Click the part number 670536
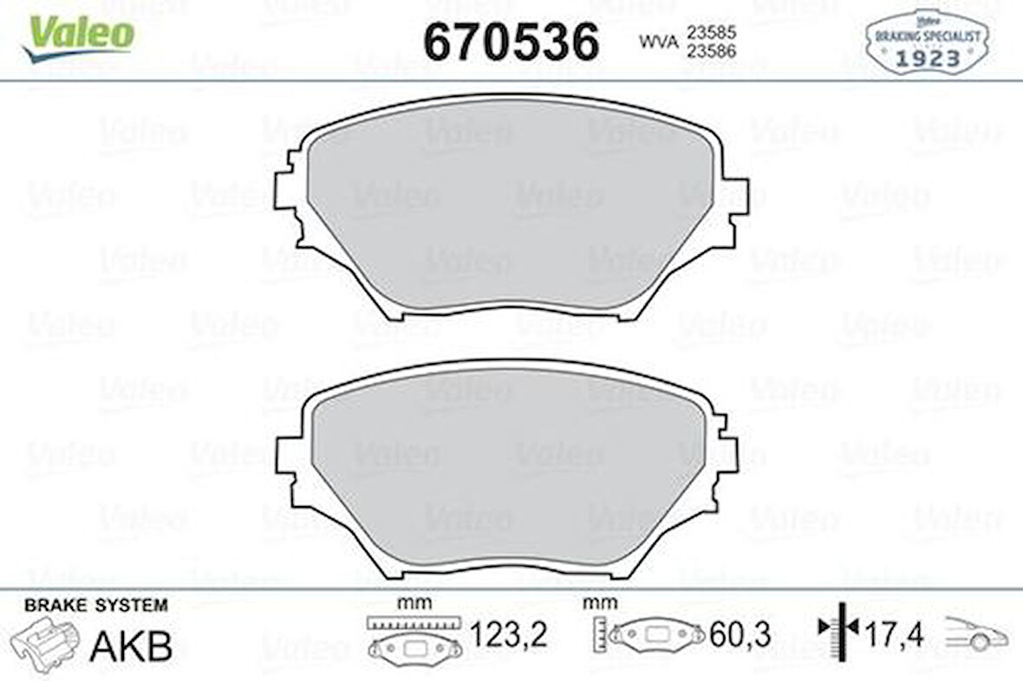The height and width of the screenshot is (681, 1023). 511,42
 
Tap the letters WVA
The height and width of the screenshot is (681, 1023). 658,41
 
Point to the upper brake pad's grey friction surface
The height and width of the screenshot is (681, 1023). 511,208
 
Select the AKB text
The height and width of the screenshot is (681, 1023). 132,646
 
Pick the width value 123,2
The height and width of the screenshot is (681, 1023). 509,636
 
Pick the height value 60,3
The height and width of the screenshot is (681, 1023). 742,636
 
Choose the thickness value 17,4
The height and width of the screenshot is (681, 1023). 894,636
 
